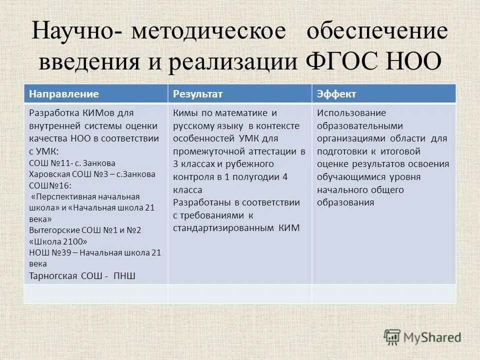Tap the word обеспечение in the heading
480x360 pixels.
[377, 31]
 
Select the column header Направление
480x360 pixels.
[63, 94]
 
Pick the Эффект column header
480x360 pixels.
[336, 94]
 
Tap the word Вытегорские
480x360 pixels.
[54, 229]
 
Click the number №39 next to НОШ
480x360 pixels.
[62, 252]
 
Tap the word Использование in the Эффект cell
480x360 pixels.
[344, 113]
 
